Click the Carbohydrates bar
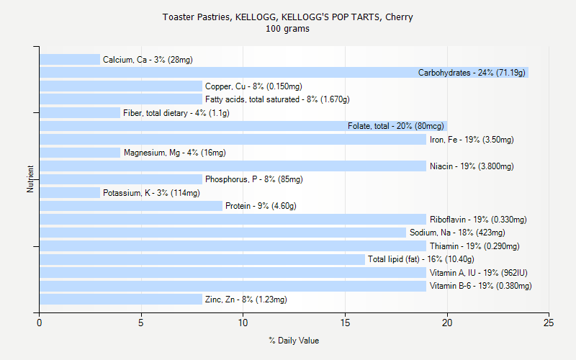(284, 73)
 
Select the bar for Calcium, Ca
(70, 60)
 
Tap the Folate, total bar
(243, 126)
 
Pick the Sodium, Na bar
(222, 233)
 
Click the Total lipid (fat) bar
(202, 259)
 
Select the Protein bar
(131, 206)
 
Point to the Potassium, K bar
(70, 193)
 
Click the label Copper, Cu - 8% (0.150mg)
(253, 86)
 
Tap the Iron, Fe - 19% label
(472, 140)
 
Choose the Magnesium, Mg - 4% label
(174, 153)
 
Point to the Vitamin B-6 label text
(480, 286)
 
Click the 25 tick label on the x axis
(549, 323)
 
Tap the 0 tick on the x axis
(40, 323)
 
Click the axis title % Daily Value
(294, 341)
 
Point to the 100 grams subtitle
(287, 29)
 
